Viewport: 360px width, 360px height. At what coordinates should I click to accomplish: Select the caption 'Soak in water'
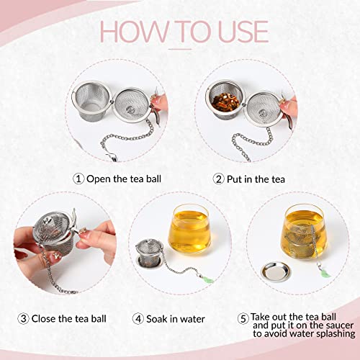(x=176, y=318)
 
